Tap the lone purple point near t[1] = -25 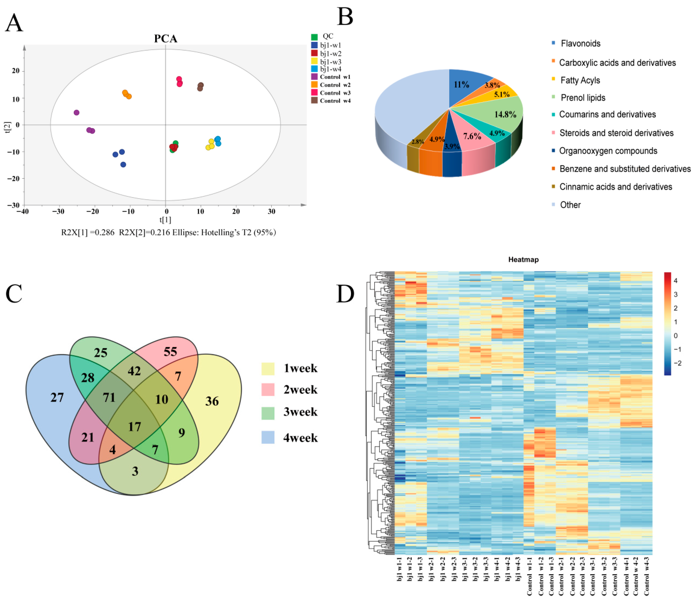pyautogui.click(x=77, y=113)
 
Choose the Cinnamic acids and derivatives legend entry pyautogui.click(x=615, y=187)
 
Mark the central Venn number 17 pyautogui.click(x=134, y=426)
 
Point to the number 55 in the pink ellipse pyautogui.click(x=170, y=352)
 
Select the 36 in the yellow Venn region pyautogui.click(x=212, y=401)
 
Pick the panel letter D pyautogui.click(x=345, y=294)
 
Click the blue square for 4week pyautogui.click(x=268, y=438)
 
